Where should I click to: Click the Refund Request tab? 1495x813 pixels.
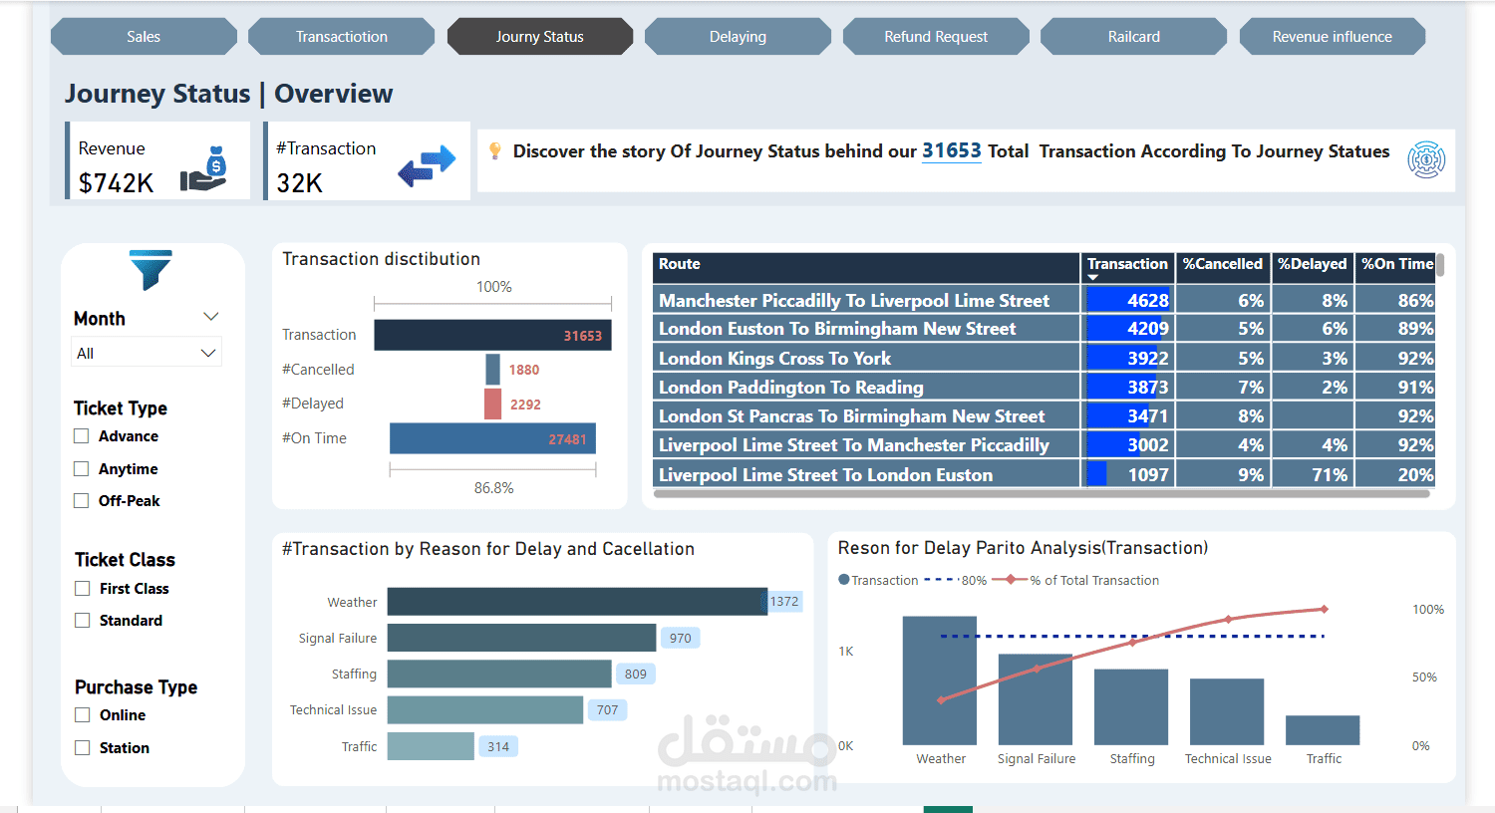(935, 37)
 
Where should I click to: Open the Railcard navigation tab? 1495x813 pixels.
(1133, 37)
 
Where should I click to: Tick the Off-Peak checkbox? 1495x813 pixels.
(82, 501)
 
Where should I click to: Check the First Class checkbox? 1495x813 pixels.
(83, 589)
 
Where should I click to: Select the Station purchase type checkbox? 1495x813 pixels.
(83, 748)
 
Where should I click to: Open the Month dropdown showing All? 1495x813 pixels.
(147, 353)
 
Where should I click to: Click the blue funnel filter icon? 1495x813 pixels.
(150, 269)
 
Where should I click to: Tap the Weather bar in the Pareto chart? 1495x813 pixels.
(939, 680)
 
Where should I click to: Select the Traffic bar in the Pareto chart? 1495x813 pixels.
(1322, 730)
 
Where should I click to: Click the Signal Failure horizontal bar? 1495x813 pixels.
(521, 638)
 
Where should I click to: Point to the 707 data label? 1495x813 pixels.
(607, 710)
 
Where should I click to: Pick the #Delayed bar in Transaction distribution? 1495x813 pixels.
(492, 404)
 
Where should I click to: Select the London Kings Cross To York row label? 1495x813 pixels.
(774, 359)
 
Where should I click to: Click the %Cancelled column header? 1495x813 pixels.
(1222, 264)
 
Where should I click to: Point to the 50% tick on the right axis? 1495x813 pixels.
(1423, 677)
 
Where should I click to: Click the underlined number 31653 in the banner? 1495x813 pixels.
(951, 151)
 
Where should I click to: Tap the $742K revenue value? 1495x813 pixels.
(116, 183)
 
